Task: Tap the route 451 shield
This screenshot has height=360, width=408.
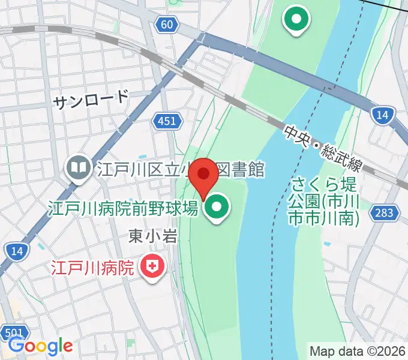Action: [x=167, y=122]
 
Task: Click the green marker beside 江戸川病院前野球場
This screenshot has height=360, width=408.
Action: [x=217, y=209]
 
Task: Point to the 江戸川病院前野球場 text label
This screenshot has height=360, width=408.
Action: [x=123, y=209]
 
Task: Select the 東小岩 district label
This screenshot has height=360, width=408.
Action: [x=153, y=237]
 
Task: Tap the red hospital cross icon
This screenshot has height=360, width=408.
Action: [x=153, y=265]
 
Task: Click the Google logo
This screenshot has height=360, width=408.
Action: [x=41, y=346]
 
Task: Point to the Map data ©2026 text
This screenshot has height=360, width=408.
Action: [x=358, y=350]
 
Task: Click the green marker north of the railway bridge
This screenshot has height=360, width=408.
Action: [x=296, y=19]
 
